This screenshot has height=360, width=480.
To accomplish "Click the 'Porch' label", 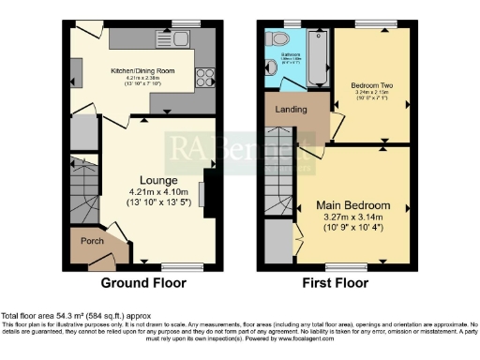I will click(x=91, y=241).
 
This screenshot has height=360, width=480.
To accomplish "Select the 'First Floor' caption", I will click(x=335, y=282).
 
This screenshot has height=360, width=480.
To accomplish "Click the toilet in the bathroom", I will click(x=277, y=40).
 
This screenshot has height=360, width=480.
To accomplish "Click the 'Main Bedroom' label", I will click(x=352, y=205).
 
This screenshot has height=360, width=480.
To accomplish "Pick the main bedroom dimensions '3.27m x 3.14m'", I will click(x=352, y=217).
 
